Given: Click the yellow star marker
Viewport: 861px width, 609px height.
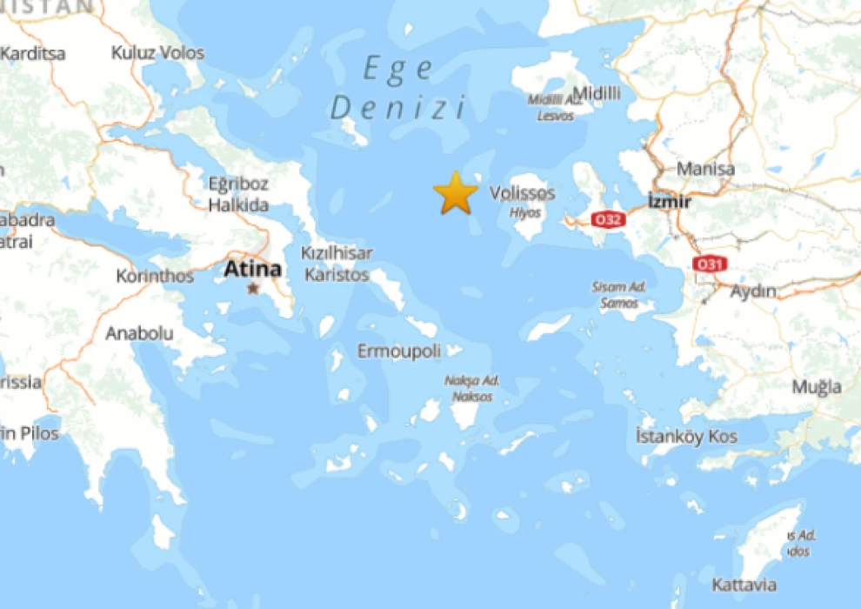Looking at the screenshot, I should point(455,193).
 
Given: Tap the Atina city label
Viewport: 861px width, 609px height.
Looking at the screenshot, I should point(252,270).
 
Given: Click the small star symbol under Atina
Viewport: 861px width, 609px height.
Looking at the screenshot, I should point(253,288).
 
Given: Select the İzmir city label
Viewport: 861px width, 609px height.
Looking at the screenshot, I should point(670,202).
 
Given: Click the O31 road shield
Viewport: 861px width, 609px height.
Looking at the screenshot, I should point(708,263).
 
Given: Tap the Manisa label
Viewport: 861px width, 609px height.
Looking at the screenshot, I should point(705,169).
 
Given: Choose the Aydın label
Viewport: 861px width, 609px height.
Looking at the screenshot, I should point(753,291).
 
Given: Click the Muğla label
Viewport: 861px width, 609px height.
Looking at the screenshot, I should point(817,386).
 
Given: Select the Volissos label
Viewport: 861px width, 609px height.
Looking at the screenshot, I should point(522,193).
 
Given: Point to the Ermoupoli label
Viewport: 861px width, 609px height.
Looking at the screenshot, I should point(399,351).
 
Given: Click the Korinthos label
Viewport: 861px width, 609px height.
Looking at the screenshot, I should point(155,277).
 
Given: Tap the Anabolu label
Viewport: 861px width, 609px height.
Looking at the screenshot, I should point(139,333).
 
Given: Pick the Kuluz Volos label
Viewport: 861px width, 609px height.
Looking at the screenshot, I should point(157,53).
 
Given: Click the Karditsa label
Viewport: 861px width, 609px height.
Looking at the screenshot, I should point(32,53).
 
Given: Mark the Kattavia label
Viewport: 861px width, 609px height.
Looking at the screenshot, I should point(744,585).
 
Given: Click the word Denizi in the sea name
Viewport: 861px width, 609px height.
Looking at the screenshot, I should point(399,108).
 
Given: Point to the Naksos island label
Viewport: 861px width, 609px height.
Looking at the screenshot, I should point(471,397).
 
